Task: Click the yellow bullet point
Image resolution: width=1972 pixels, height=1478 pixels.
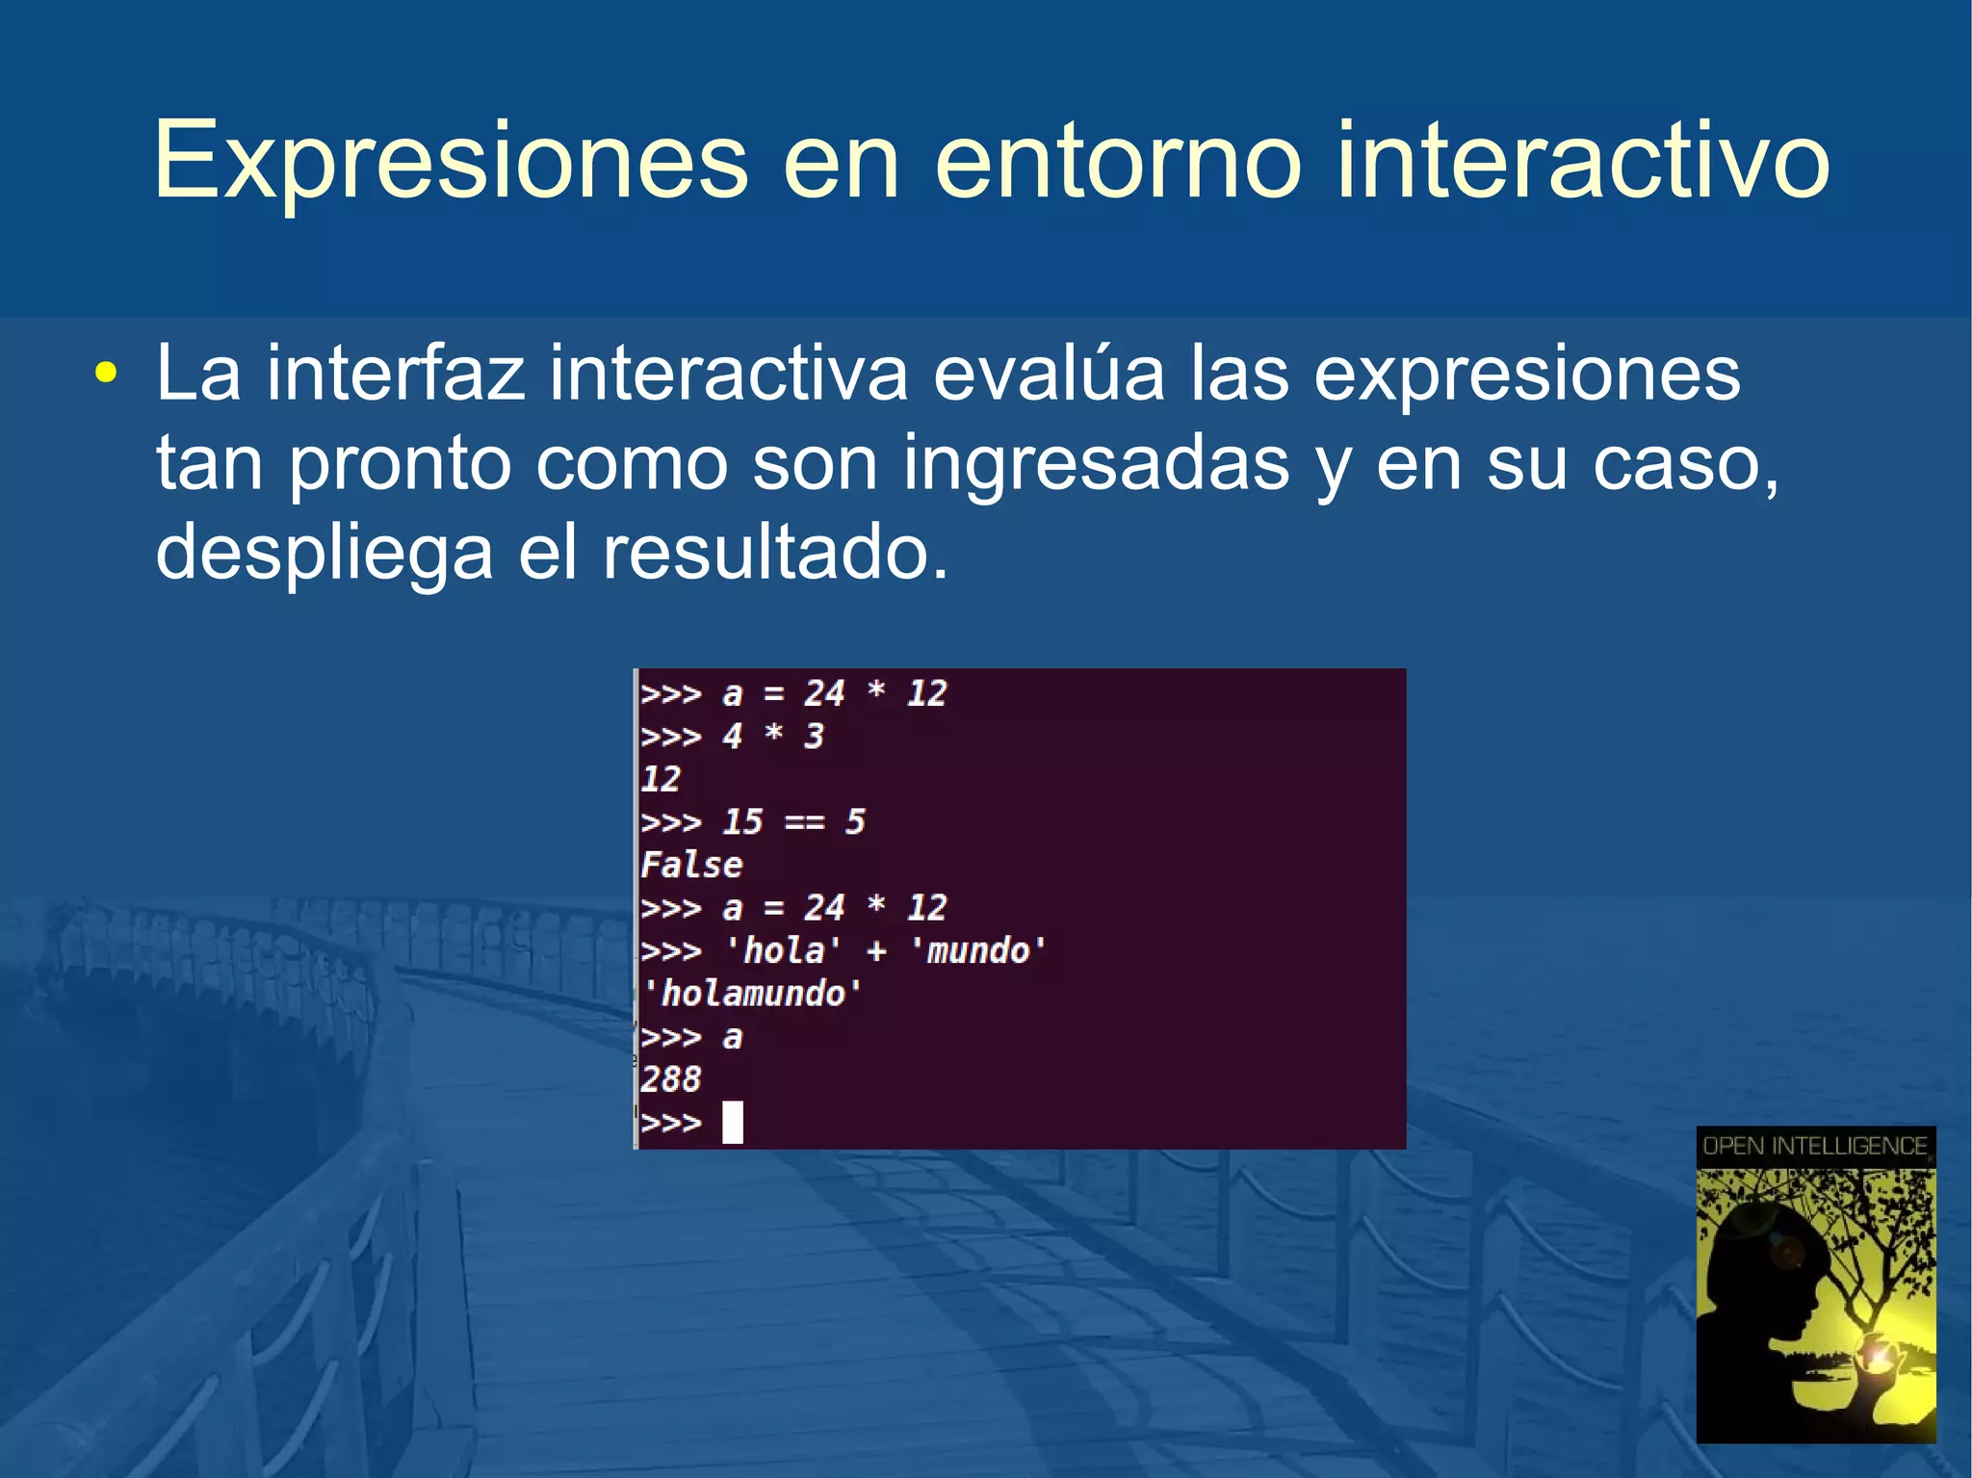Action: [x=106, y=374]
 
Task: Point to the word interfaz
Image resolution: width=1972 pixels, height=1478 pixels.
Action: [x=396, y=374]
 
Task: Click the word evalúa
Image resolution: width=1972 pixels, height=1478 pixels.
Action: [x=1049, y=374]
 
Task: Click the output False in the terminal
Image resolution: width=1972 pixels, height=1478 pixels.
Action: [x=691, y=865]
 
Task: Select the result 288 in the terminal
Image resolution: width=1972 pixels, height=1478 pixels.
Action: [x=670, y=1079]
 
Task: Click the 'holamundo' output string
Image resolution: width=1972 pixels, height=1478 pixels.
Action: [x=752, y=994]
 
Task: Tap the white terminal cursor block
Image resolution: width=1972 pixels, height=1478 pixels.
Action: [x=733, y=1122]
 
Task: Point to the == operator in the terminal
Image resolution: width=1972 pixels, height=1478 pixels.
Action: [x=804, y=822]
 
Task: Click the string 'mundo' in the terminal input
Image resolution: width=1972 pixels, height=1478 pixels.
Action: [x=977, y=951]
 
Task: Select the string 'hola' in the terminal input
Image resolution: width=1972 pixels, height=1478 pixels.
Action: [x=783, y=951]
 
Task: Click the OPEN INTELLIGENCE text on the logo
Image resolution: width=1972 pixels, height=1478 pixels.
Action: [x=1815, y=1146]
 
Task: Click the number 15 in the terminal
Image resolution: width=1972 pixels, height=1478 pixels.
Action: [x=742, y=822]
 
